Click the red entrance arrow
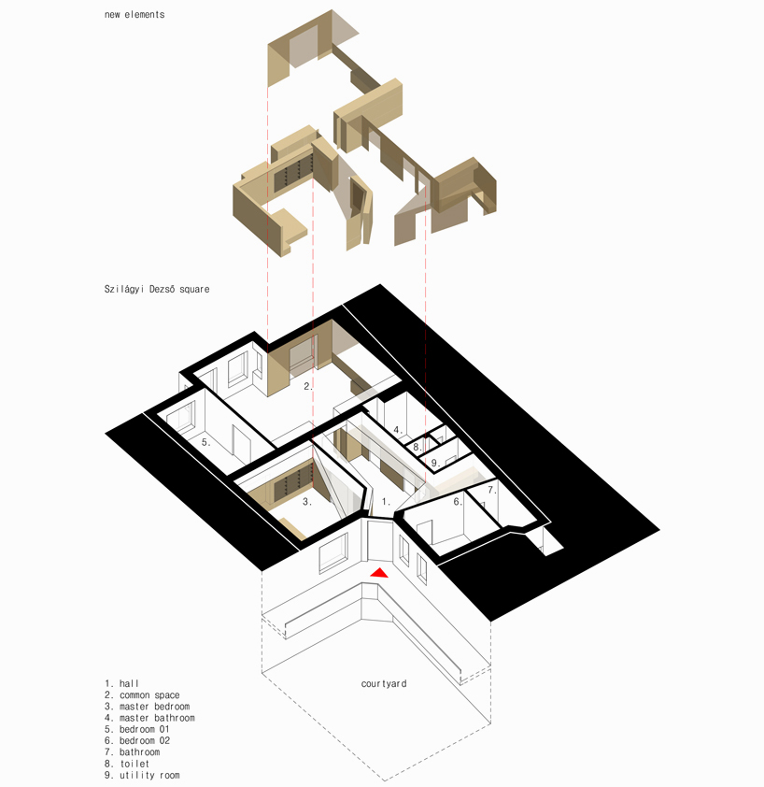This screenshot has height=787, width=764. pyautogui.click(x=380, y=572)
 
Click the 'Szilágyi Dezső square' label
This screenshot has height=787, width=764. pyautogui.click(x=157, y=290)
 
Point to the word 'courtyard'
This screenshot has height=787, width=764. pyautogui.click(x=384, y=683)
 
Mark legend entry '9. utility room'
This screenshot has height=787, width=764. pyautogui.click(x=142, y=775)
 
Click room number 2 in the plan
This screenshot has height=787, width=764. pyautogui.click(x=306, y=385)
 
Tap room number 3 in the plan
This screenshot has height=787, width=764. pyautogui.click(x=306, y=501)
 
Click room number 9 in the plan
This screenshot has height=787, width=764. pyautogui.click(x=433, y=463)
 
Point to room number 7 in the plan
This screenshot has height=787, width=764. pyautogui.click(x=491, y=489)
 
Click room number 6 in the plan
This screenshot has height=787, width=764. pyautogui.click(x=457, y=502)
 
